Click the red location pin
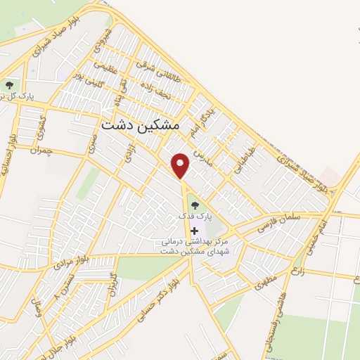click(x=181, y=165)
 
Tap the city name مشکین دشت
click(x=140, y=125)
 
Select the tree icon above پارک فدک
click(x=194, y=205)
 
